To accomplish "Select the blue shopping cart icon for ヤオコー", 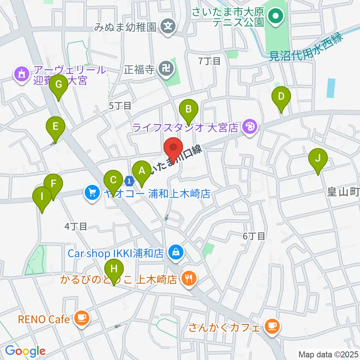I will pyautogui.click(x=92, y=193).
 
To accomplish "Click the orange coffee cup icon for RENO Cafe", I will pyautogui.click(x=81, y=319).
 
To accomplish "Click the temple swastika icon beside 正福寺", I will pyautogui.click(x=165, y=69).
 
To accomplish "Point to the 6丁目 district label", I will pyautogui.click(x=254, y=236).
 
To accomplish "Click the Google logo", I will pyautogui.click(x=25, y=351).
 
